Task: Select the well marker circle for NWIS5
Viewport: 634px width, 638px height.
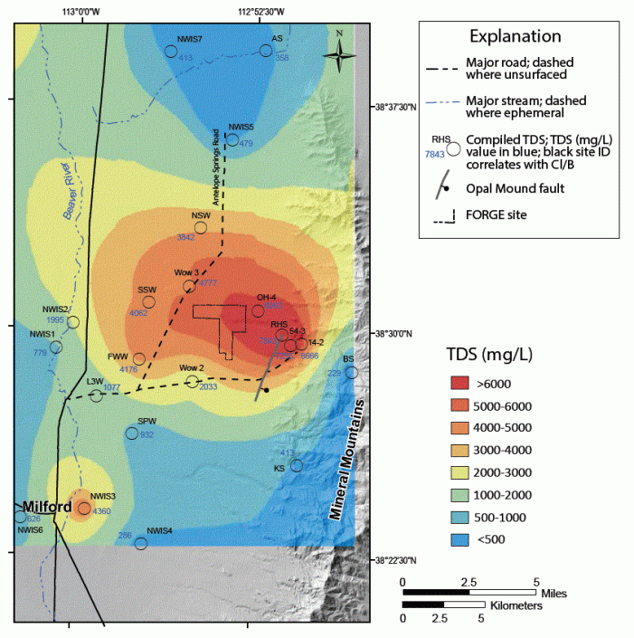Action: click(x=232, y=139)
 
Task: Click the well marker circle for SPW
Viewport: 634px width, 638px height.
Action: click(x=132, y=433)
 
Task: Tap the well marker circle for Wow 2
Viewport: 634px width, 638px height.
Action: click(x=192, y=381)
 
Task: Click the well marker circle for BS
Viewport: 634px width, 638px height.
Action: click(x=351, y=372)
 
